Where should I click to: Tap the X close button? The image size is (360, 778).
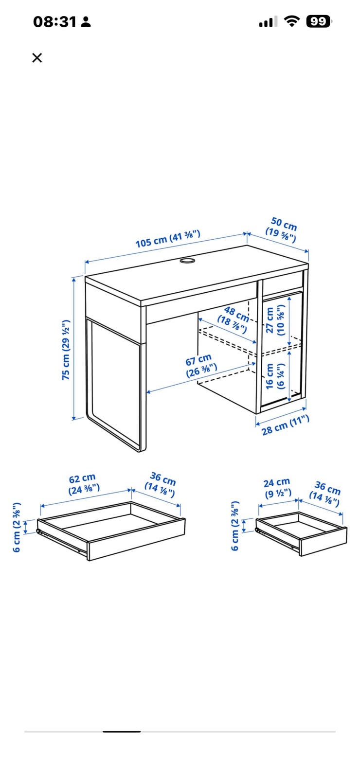click(x=37, y=58)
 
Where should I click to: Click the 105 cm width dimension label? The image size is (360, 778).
click(x=168, y=239)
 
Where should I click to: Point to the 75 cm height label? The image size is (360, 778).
click(x=66, y=350)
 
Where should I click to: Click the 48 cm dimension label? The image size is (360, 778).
click(x=234, y=319)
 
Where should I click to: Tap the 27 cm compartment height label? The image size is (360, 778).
click(x=275, y=320)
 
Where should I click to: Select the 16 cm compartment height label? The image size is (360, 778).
click(x=275, y=376)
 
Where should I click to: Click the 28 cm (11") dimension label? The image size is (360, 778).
click(x=285, y=425)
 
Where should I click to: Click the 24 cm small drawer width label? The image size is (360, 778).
click(x=277, y=488)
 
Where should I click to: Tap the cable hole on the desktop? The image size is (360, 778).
click(x=188, y=261)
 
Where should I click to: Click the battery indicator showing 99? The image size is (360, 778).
click(x=318, y=21)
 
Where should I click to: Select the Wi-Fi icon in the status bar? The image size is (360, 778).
click(x=292, y=21)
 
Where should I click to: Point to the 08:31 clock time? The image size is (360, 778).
click(x=54, y=22)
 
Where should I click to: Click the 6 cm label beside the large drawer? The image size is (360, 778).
click(x=17, y=527)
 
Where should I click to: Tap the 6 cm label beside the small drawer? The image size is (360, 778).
click(x=235, y=526)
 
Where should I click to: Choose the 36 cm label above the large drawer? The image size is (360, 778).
click(x=161, y=484)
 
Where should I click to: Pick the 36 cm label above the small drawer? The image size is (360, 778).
click(x=325, y=493)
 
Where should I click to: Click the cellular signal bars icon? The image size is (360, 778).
click(x=268, y=21)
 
